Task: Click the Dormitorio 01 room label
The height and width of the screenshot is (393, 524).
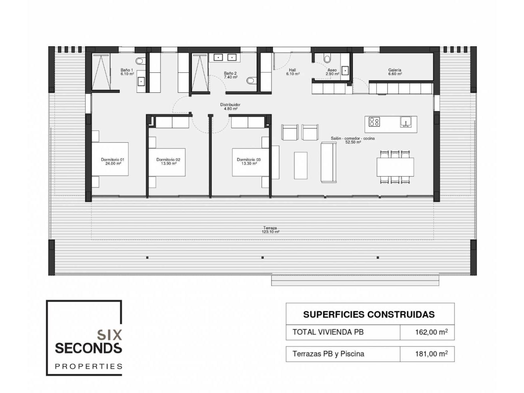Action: click(x=112, y=162)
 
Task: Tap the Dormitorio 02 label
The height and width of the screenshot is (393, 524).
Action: click(x=168, y=162)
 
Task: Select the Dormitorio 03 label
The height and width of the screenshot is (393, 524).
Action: click(x=249, y=162)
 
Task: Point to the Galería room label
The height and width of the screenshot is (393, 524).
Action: click(x=394, y=72)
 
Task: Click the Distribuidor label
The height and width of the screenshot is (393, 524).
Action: click(x=230, y=107)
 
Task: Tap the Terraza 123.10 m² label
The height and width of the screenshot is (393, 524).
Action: click(x=270, y=230)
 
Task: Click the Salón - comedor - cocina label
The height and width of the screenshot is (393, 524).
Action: click(x=353, y=140)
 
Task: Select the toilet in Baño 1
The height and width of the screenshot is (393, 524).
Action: click(x=140, y=61)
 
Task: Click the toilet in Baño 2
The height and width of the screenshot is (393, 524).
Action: click(x=251, y=81)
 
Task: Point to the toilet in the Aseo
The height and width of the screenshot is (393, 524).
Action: click(x=327, y=57)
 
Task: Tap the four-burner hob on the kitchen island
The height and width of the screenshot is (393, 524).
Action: click(x=374, y=122)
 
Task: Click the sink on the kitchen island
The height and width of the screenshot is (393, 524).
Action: click(x=406, y=122)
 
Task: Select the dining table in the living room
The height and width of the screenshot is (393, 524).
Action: click(x=395, y=167)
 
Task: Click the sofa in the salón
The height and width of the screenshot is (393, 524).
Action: click(x=329, y=162)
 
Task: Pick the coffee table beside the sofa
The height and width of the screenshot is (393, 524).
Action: click(x=301, y=165)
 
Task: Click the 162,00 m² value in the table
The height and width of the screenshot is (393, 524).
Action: click(x=431, y=332)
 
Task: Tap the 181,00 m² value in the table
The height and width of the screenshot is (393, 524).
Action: click(x=431, y=353)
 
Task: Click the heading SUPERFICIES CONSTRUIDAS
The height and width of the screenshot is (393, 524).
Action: click(x=369, y=314)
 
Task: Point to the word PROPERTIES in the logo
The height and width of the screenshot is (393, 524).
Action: click(x=88, y=366)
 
